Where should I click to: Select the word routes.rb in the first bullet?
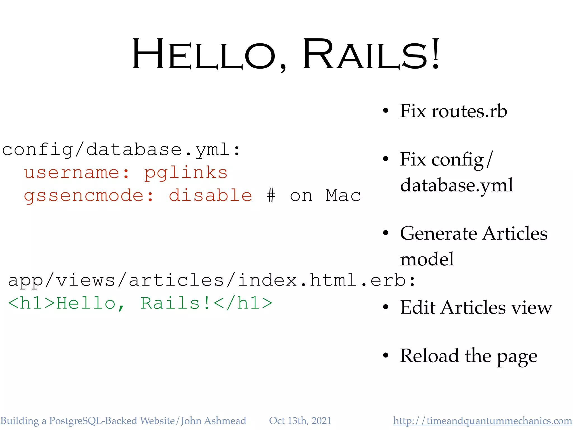[x=469, y=111]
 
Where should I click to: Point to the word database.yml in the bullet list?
[x=457, y=185]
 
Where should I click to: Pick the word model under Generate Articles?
[x=427, y=259]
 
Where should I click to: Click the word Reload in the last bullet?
[x=430, y=356]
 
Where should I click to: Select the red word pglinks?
[x=186, y=173]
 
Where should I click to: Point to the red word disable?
[x=210, y=195]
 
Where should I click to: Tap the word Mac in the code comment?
[x=343, y=195]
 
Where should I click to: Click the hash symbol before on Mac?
[x=271, y=195]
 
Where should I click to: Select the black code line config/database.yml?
[x=121, y=150]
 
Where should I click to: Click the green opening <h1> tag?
[x=31, y=303]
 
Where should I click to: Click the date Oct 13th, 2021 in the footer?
[x=300, y=421]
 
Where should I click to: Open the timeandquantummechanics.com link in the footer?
[x=482, y=421]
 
